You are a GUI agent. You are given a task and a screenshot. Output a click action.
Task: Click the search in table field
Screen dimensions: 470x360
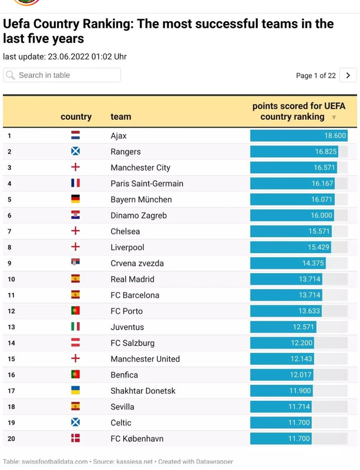pos(62,75)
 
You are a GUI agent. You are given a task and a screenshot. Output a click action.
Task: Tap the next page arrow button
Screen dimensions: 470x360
pos(348,75)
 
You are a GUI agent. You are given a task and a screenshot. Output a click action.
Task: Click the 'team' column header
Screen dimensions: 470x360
pos(120,116)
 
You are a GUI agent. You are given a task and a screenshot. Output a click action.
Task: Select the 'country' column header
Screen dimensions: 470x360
pos(76,116)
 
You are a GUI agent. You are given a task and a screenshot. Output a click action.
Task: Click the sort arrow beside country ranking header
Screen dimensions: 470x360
pos(334,117)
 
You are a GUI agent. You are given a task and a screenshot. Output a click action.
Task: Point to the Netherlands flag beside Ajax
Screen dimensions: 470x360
pos(75,136)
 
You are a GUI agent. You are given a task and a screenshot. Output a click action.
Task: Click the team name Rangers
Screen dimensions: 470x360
pos(125,152)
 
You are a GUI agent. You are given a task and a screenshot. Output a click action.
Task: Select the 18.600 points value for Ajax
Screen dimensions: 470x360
pos(335,136)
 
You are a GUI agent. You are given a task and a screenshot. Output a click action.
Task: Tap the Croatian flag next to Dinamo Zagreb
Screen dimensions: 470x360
pos(75,216)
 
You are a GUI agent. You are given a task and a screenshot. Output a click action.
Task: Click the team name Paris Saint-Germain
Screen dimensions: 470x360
pos(147,183)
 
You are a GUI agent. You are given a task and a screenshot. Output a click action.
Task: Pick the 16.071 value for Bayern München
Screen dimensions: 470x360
pos(322,200)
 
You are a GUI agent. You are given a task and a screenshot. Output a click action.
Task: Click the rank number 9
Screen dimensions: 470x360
pos(9,263)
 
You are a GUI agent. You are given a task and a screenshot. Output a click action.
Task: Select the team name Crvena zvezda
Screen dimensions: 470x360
pos(137,263)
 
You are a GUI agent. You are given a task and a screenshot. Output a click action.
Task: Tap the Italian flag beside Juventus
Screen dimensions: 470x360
pos(75,327)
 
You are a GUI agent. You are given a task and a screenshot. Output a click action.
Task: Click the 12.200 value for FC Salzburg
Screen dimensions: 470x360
pos(301,343)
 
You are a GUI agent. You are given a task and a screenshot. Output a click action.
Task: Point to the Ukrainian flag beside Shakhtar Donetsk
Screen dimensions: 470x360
pos(75,391)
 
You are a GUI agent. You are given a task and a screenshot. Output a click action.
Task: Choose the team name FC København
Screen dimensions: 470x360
pos(137,439)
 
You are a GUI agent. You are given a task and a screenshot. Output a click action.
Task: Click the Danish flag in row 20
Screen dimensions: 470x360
pos(75,439)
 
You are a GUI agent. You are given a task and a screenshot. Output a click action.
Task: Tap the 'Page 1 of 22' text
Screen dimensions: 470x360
pos(316,75)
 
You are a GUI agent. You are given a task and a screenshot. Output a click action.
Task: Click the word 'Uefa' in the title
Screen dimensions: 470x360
pos(17,24)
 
